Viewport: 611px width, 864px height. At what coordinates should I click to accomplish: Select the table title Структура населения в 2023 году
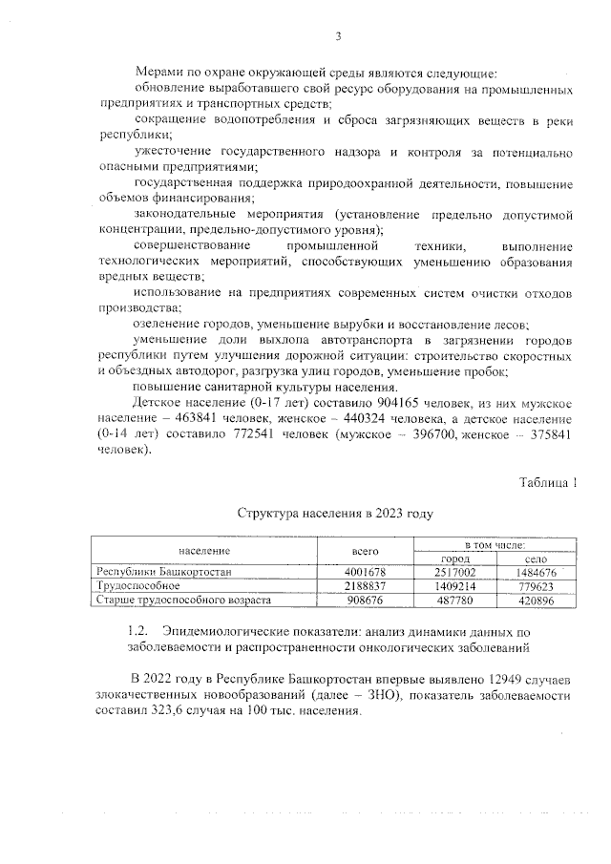(334, 514)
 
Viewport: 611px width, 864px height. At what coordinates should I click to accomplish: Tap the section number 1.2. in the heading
(139, 632)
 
